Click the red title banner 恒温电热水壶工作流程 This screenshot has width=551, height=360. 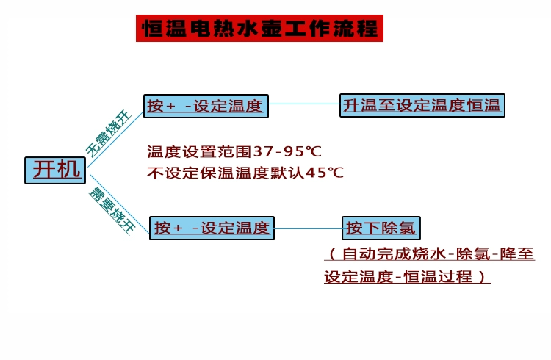[x=259, y=28]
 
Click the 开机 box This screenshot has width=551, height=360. [x=56, y=170]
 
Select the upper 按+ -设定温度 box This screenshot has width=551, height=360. [x=205, y=106]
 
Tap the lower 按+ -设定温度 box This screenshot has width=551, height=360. [x=211, y=228]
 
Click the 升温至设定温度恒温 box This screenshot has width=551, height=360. [x=422, y=105]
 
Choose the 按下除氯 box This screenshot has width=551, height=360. [x=381, y=228]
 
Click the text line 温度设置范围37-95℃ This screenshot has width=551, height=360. [x=234, y=152]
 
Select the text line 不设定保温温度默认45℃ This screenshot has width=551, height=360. [x=245, y=173]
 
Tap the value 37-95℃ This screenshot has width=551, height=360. [x=287, y=152]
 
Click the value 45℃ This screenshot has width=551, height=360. [x=325, y=173]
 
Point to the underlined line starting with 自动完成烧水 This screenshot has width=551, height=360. [x=429, y=255]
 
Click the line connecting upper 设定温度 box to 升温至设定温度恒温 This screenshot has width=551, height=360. [x=303, y=105]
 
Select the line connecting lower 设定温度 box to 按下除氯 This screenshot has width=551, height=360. [x=307, y=228]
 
